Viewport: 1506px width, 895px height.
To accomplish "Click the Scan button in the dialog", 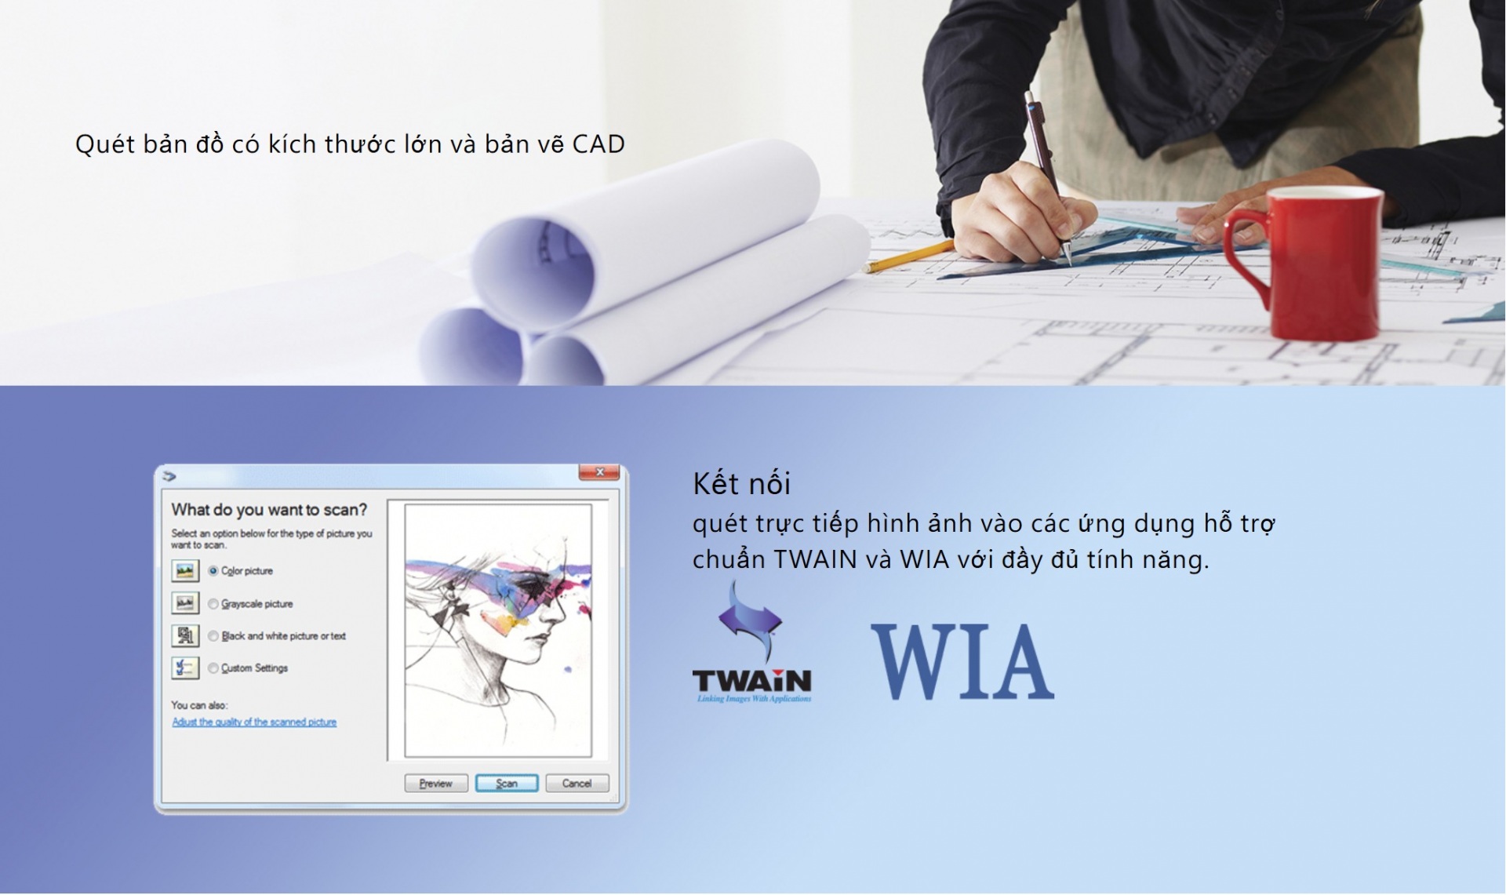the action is coord(507,783).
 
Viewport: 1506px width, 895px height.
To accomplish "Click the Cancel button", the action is coord(577,783).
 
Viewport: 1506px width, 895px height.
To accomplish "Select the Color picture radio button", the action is coord(213,571).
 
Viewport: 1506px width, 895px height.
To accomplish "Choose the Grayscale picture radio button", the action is coord(213,604).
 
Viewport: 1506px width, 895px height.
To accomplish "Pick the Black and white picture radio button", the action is coord(213,636).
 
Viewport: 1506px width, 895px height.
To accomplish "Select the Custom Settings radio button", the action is coord(213,668).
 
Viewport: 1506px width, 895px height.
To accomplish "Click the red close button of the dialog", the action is coord(599,472).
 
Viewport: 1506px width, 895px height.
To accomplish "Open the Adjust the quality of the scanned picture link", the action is coord(254,722).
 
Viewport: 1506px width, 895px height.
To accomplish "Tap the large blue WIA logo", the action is coord(962,661).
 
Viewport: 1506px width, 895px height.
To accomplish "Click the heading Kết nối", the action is coord(741,483).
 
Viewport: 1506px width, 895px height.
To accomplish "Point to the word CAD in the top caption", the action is coord(598,144).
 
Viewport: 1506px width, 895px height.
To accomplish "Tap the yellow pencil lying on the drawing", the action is coord(910,256).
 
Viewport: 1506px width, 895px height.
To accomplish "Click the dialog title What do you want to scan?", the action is coord(269,510).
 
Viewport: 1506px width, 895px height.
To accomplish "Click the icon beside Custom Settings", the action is coord(185,668).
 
